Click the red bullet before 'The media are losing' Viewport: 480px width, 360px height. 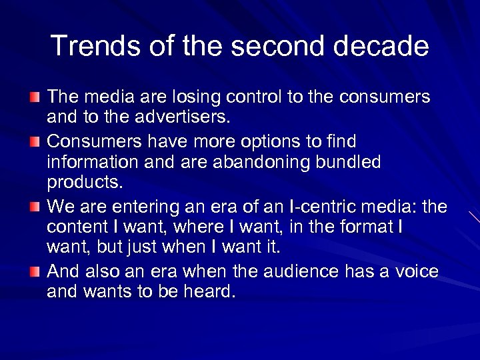pyautogui.click(x=35, y=97)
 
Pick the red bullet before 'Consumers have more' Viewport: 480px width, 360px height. pyautogui.click(x=35, y=141)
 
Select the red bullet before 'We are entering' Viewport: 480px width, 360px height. pyautogui.click(x=35, y=206)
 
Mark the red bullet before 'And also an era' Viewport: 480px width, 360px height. pyautogui.click(x=35, y=271)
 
